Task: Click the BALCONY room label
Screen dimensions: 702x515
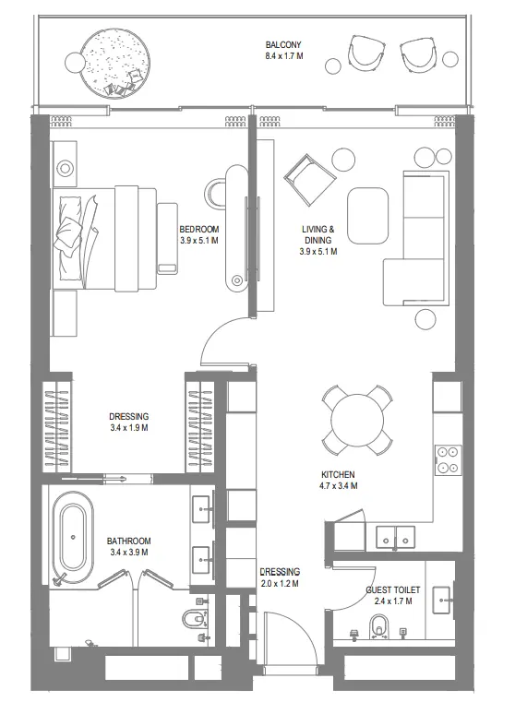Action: pyautogui.click(x=283, y=44)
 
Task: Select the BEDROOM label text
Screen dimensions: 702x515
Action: pyautogui.click(x=198, y=231)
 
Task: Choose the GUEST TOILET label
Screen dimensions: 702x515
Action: pyautogui.click(x=392, y=588)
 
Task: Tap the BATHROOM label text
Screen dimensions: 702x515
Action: pyautogui.click(x=128, y=541)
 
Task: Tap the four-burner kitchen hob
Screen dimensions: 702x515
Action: pyautogui.click(x=449, y=459)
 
